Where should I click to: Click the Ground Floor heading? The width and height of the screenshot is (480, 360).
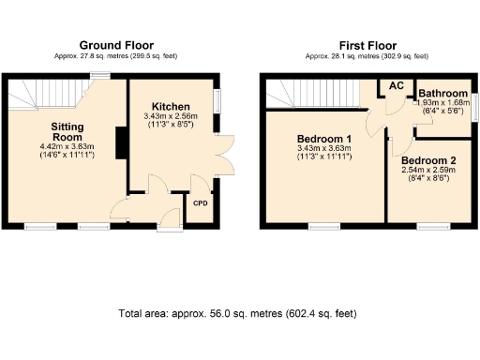[116, 45]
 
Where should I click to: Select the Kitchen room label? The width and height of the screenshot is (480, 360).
[171, 107]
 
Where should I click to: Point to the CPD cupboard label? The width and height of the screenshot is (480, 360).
[200, 202]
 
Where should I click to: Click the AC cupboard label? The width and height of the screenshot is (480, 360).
[397, 85]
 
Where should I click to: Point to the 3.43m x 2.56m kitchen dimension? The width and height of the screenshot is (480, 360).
[171, 117]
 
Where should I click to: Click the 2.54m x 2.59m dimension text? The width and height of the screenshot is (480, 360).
[427, 172]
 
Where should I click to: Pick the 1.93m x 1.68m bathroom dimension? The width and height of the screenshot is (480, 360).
[441, 103]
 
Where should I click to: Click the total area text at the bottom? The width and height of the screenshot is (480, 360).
[237, 313]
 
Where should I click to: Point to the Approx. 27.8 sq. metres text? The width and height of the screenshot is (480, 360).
[116, 56]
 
